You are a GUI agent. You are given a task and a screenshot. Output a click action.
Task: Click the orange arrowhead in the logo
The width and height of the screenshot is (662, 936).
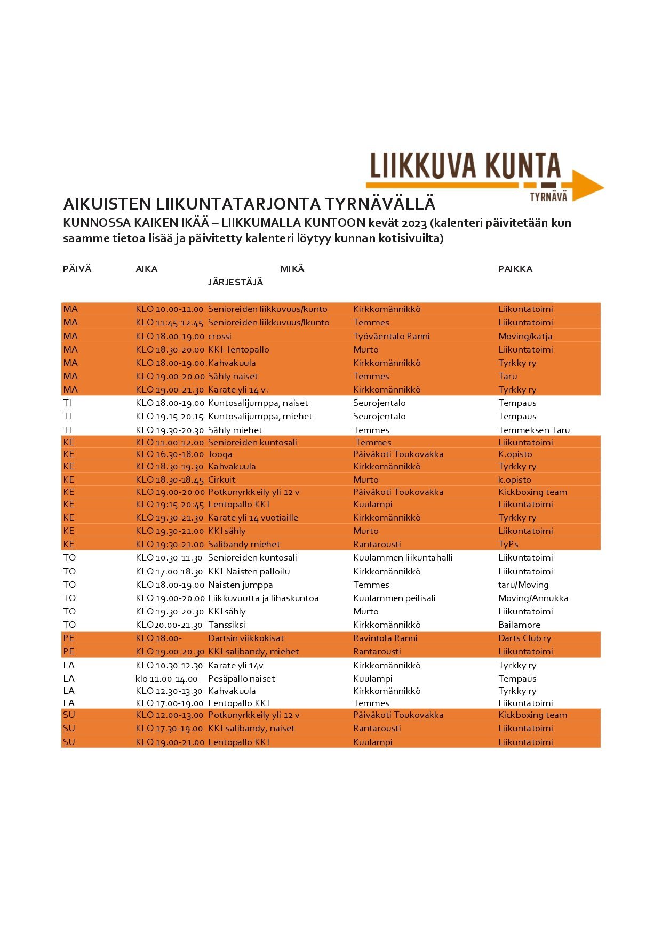point(587,186)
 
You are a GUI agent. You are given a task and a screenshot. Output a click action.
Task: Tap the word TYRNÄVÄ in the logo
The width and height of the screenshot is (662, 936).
point(548,197)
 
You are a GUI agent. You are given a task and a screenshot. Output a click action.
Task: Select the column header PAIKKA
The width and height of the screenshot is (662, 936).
point(515,269)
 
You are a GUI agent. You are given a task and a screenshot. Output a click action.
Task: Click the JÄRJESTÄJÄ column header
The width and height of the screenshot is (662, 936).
point(235,282)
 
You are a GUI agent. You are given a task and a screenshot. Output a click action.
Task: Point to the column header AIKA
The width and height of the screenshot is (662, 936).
point(146,269)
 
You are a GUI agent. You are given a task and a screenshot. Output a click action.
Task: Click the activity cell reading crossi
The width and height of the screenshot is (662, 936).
point(220,336)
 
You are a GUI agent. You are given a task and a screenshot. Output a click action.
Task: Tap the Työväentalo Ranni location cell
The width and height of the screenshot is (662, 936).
point(391,336)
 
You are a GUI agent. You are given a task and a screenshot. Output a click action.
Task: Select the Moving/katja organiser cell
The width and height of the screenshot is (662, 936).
point(525,336)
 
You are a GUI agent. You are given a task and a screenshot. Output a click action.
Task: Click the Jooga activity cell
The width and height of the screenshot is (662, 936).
point(220,454)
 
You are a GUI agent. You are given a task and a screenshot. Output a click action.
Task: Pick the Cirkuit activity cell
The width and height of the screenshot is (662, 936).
point(221,479)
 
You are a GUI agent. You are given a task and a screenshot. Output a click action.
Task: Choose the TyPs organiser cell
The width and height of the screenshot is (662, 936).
point(508,544)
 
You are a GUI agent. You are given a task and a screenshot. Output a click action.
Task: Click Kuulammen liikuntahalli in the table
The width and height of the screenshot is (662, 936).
point(403,557)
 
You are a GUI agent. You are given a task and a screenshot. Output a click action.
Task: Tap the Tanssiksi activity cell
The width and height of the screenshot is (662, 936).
point(227,625)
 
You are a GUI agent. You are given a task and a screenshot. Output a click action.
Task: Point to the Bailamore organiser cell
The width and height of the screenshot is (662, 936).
point(519,625)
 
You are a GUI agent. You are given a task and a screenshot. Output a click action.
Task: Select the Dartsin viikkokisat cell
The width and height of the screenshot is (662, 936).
point(246,638)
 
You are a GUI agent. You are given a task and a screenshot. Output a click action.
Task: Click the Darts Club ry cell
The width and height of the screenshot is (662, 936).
point(524,638)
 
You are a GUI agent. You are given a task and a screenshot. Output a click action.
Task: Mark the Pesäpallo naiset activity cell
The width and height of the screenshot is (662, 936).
point(241,678)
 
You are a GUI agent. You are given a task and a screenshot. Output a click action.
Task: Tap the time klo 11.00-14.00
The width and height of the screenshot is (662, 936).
point(166,678)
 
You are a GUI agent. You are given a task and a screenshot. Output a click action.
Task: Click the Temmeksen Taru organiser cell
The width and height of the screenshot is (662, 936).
point(534,430)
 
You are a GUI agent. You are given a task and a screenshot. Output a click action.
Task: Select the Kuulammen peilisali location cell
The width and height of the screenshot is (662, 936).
point(394,598)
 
